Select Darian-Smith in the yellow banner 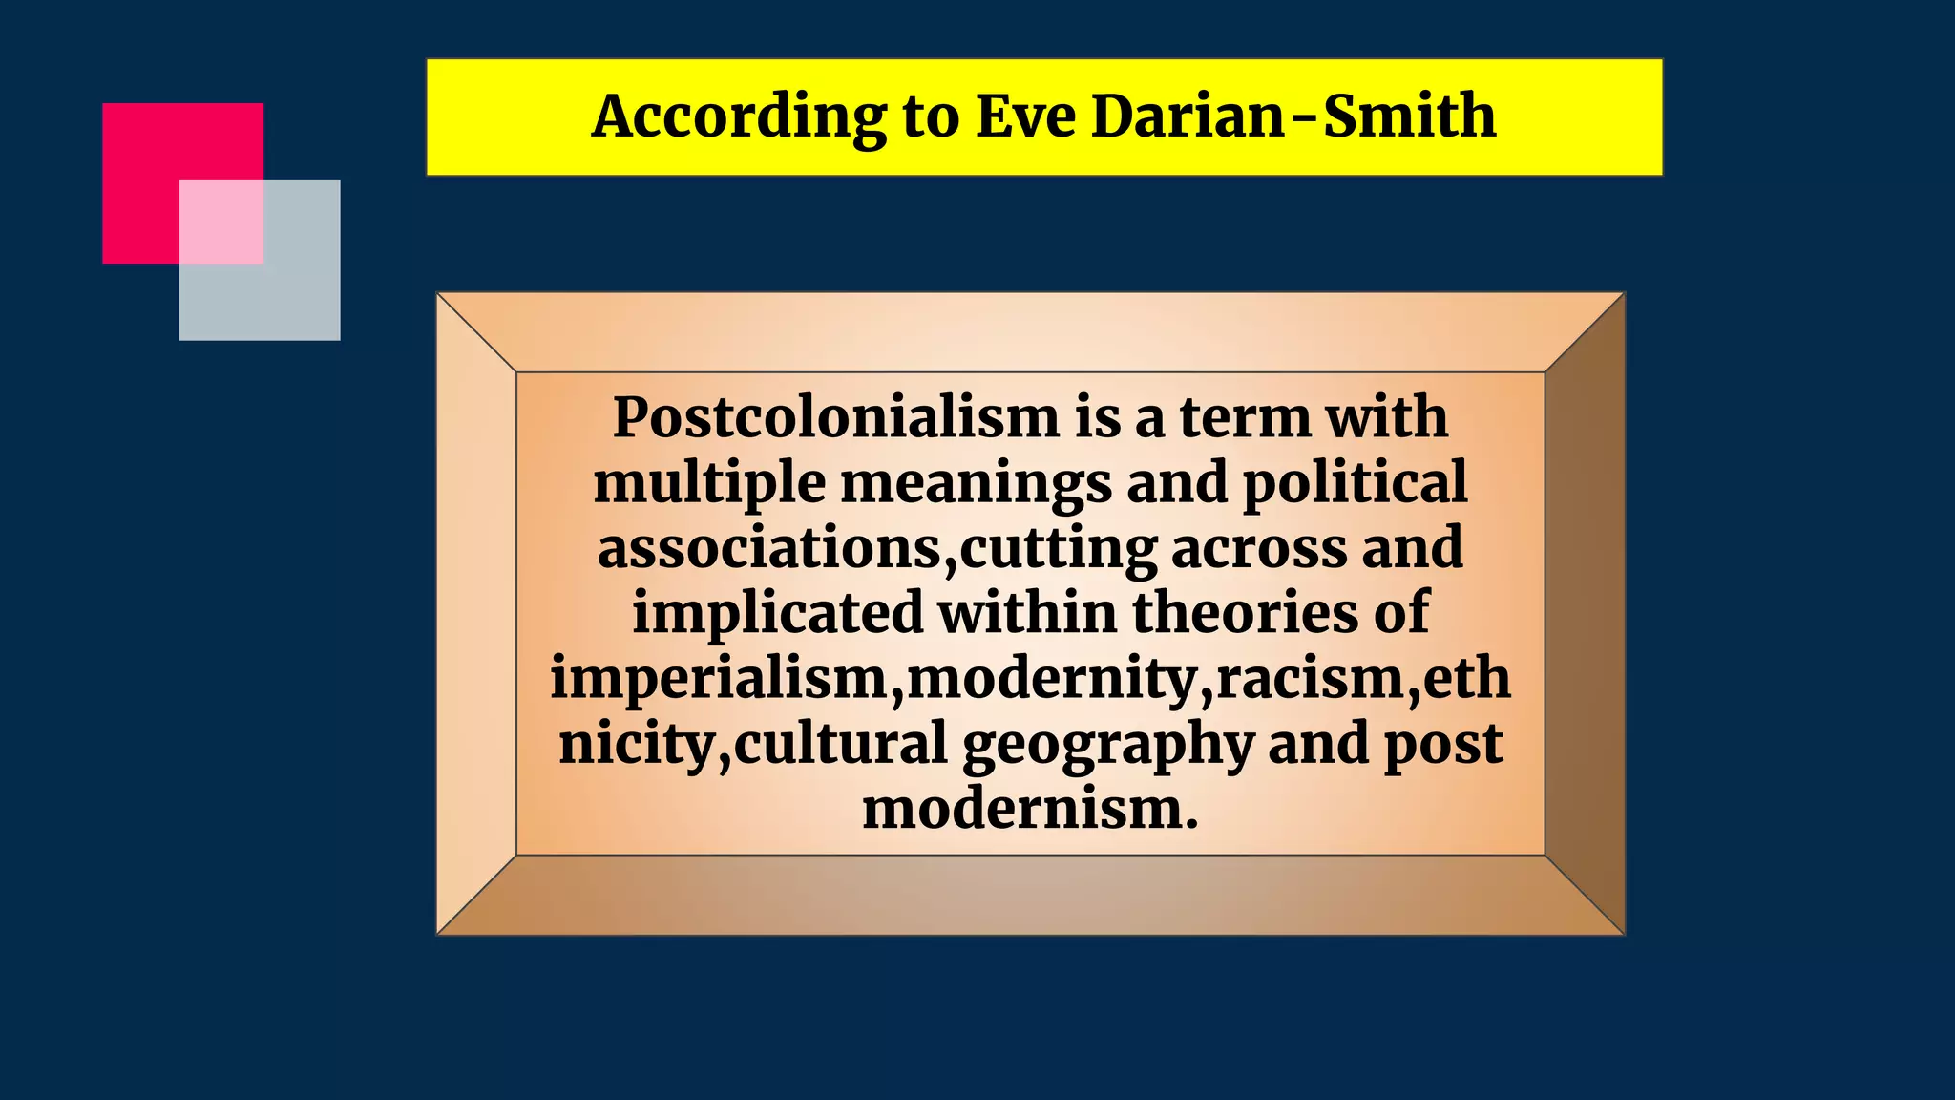tap(1293, 116)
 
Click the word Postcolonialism tap(835, 417)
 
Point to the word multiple tap(709, 482)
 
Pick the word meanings tap(976, 482)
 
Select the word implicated tap(778, 612)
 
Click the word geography tap(1107, 744)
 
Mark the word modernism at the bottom tap(1029, 809)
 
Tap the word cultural tap(840, 744)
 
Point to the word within tap(1027, 612)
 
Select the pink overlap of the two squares tap(221, 222)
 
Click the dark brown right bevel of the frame tap(1585, 613)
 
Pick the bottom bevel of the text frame tap(1029, 895)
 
